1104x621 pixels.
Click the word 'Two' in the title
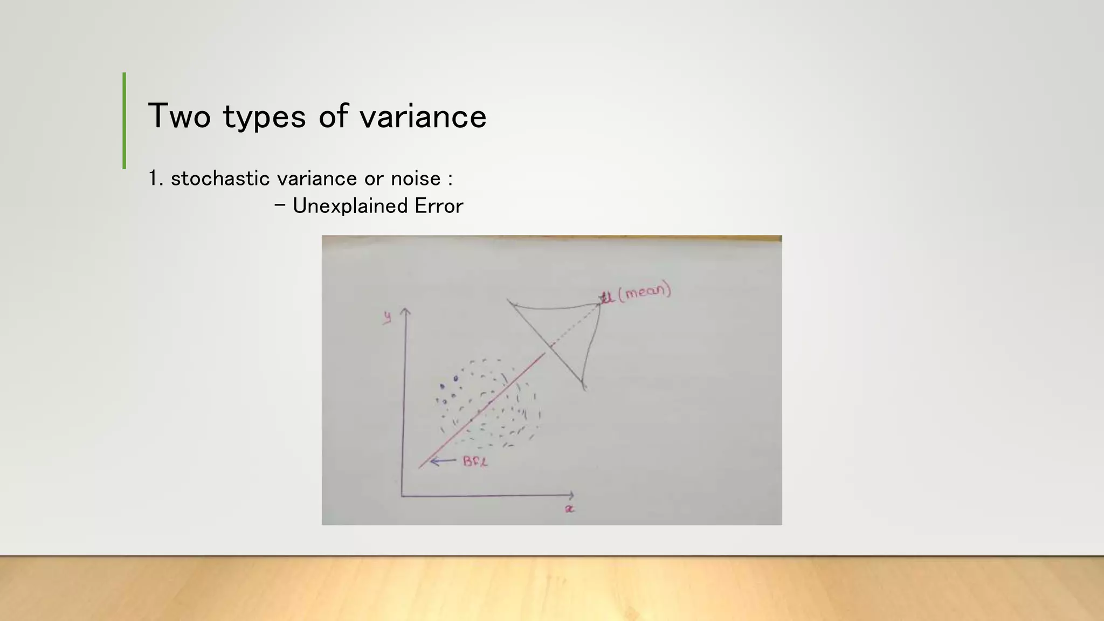coord(179,116)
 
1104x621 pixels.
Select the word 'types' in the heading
coord(264,117)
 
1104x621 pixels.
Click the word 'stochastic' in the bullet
coord(220,178)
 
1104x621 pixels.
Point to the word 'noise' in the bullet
coord(416,178)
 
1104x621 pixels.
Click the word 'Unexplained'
coord(350,206)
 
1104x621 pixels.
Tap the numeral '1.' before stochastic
coord(155,178)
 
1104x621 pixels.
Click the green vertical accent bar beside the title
coord(125,120)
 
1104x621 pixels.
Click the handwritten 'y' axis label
coord(387,318)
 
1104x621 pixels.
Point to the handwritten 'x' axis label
coord(569,509)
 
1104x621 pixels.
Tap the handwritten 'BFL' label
coord(475,461)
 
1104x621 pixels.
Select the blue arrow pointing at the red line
coord(443,461)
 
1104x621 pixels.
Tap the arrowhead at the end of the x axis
coord(571,495)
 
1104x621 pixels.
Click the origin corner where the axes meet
coord(402,495)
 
